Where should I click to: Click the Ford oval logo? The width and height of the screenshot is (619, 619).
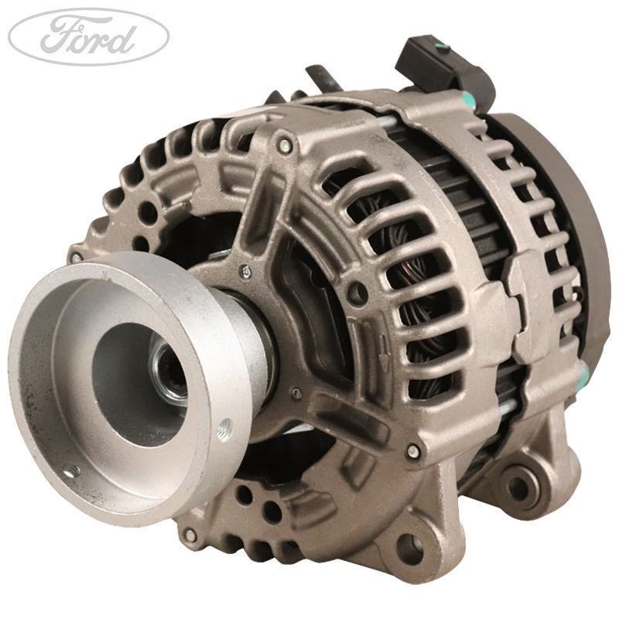click(87, 36)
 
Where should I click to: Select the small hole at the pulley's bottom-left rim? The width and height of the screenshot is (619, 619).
click(70, 469)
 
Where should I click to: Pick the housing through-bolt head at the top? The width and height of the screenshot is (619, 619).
click(286, 145)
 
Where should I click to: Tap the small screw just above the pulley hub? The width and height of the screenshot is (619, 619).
click(246, 270)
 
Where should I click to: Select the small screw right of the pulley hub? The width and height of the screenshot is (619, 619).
click(297, 394)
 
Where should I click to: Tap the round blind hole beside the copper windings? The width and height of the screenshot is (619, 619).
click(357, 293)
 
